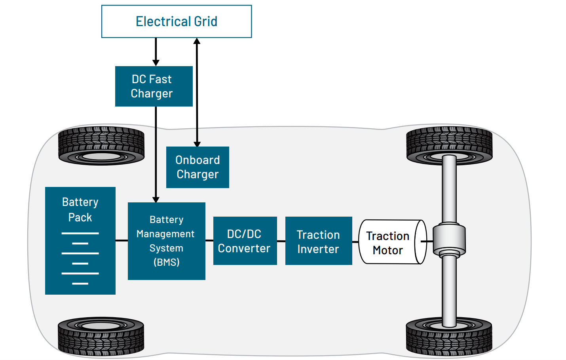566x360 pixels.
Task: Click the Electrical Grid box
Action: point(177,21)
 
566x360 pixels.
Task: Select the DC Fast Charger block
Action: point(154,86)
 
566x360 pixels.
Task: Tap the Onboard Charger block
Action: point(198,167)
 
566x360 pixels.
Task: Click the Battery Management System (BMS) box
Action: point(166,241)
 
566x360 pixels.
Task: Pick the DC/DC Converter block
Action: point(245,241)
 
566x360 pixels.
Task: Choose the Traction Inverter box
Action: point(318,241)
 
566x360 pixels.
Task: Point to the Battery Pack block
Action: point(80,241)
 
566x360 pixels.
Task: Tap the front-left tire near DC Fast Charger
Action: point(101,145)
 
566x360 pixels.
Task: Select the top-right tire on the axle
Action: point(449,145)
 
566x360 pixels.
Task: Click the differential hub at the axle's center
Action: point(449,240)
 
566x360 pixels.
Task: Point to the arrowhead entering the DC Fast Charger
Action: point(156,63)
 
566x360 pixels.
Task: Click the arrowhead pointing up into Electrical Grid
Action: point(197,41)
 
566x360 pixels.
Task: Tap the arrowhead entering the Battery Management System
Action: point(156,199)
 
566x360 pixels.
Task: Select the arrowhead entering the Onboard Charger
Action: point(197,144)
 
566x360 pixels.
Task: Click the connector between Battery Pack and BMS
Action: point(122,240)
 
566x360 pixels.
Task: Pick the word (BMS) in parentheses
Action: point(166,262)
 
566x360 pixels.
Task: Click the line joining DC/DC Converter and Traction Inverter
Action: point(281,241)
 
